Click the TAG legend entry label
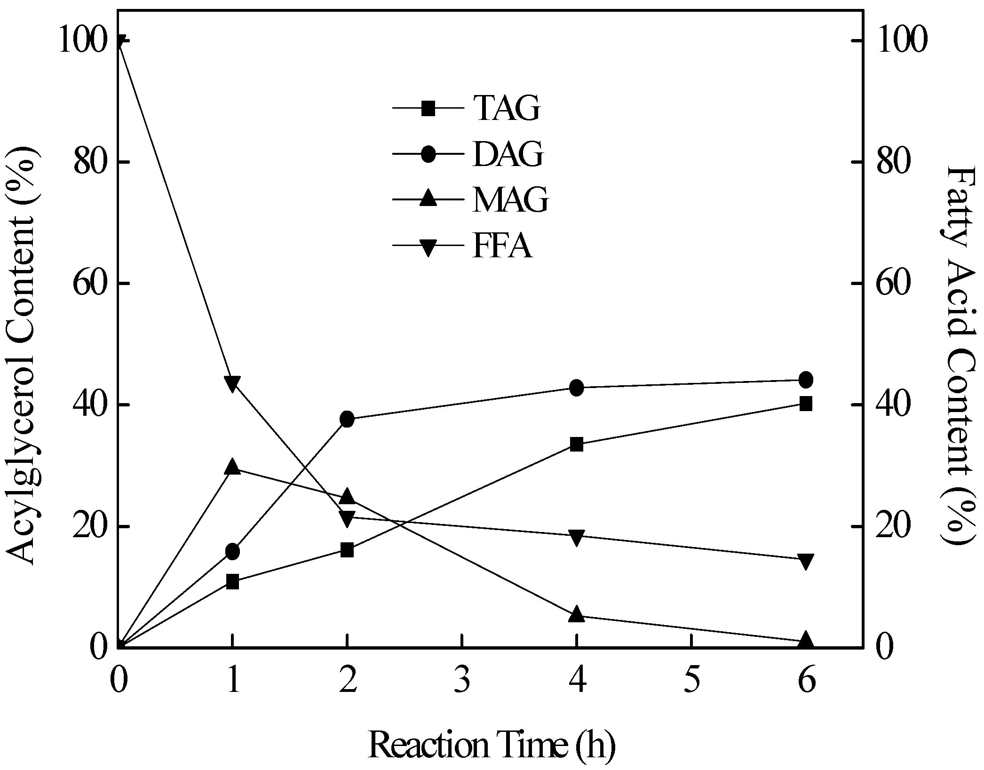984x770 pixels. pos(507,108)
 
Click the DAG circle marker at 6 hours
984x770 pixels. pos(805,380)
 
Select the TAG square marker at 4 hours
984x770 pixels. pos(577,444)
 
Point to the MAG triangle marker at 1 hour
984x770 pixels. pos(232,467)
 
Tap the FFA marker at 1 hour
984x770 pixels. pos(232,383)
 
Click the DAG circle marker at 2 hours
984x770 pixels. pos(347,419)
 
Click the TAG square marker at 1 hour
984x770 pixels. pos(232,582)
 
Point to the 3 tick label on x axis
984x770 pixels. pos(462,682)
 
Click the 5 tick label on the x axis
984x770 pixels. pos(691,682)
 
